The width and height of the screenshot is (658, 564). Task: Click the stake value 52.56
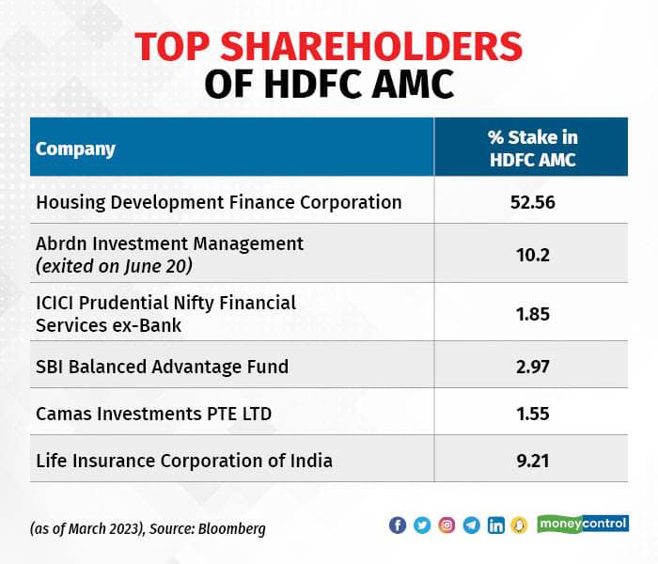532,202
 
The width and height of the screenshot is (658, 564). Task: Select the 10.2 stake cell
532,255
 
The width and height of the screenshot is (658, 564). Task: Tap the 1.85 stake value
532,313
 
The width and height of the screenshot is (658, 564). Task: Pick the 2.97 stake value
532,365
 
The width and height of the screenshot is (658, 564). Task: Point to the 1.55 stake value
532,412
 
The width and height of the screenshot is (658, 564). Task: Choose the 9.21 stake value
532,461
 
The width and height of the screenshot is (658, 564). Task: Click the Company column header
75,149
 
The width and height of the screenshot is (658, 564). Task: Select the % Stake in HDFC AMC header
532,149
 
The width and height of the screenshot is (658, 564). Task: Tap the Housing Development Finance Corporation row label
218,202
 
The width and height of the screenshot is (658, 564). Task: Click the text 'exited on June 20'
114,266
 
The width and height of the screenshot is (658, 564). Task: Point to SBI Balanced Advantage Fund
162,365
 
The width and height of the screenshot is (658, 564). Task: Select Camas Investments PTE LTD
149,412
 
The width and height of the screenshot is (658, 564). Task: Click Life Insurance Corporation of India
184,461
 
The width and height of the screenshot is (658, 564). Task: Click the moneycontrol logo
583,524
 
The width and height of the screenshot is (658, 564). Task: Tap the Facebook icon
398,525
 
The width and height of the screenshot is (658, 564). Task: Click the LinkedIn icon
495,525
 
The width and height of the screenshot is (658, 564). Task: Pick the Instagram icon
446,525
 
